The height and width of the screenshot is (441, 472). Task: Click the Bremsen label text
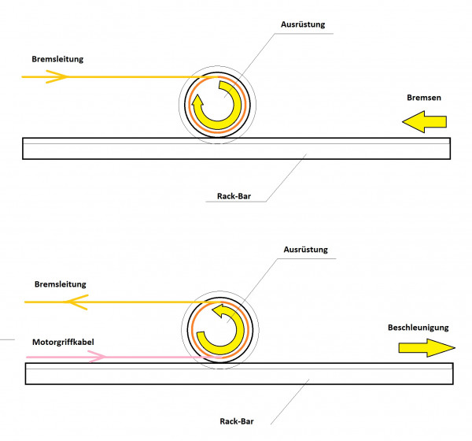pyautogui.click(x=424, y=100)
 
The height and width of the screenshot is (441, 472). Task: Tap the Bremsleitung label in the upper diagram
pyautogui.click(x=57, y=59)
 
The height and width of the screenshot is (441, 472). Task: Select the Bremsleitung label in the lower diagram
pyautogui.click(x=60, y=283)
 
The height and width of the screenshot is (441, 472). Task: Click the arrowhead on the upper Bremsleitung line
pyautogui.click(x=57, y=76)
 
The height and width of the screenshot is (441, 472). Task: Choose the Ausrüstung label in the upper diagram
pyautogui.click(x=302, y=24)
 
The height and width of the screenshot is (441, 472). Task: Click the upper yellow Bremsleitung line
pyautogui.click(x=126, y=76)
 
